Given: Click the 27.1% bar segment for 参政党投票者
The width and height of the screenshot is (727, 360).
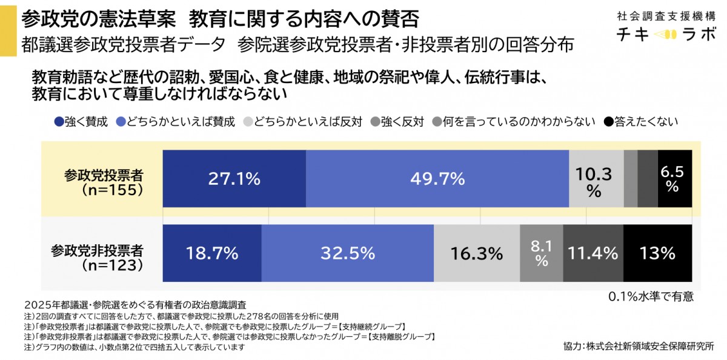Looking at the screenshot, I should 234,179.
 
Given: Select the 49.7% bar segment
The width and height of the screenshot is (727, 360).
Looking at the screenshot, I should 437,179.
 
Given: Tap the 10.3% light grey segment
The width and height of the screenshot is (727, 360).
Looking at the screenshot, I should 596,179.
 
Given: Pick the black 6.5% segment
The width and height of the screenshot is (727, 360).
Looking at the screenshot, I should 674,179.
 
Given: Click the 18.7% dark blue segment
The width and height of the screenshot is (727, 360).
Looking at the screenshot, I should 211,253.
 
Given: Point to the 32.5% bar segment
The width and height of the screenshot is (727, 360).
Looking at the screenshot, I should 347,253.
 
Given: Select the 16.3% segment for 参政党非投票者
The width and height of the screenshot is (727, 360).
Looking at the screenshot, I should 476,253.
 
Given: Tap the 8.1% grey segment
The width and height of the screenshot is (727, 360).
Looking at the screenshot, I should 541,253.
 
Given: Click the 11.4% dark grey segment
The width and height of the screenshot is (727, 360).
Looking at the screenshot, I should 593,253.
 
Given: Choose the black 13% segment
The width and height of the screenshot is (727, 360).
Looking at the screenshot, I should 657,253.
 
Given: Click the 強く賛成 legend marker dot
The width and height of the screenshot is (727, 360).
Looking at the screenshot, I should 59,121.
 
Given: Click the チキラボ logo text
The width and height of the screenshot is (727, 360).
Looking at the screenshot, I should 665,35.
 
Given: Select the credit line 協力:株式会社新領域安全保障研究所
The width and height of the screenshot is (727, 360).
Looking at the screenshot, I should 638,346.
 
